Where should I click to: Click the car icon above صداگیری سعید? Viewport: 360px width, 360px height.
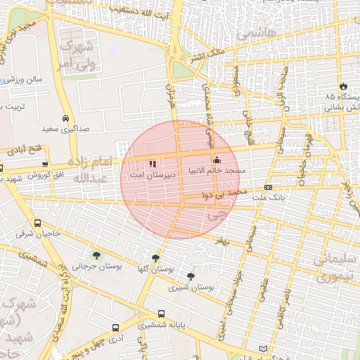coord(65,118)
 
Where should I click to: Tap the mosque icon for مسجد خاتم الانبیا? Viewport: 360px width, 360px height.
coord(217,160)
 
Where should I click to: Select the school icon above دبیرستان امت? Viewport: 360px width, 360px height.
coord(153,163)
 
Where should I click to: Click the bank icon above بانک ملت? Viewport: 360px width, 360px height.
coord(268,187)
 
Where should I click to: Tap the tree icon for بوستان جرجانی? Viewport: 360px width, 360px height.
coord(96,255)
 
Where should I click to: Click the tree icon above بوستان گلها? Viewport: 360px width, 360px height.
coord(155,258)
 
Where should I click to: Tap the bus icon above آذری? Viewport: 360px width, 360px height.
coord(115,328)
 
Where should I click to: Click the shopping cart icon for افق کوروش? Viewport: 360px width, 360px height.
coord(45,164)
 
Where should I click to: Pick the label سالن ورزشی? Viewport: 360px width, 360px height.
coord(25,79)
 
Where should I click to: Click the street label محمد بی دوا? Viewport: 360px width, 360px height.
coord(225,192)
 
